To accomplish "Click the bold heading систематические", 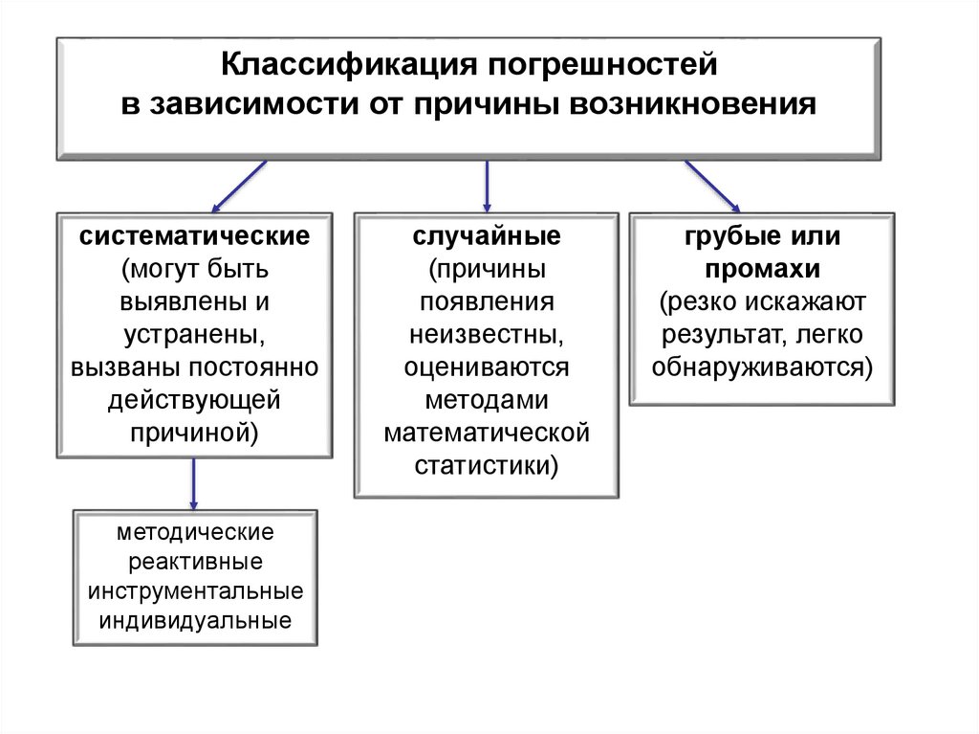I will tap(194, 236).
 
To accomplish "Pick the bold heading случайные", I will tap(487, 236).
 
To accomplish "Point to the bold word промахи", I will tap(761, 269).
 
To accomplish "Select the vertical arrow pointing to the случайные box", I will tap(487, 186).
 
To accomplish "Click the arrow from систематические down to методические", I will tap(194, 483).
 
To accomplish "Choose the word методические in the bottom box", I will tap(196, 531).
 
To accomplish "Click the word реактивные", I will tap(196, 561).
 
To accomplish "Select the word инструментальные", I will tap(196, 590).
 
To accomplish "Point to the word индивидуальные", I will tap(196, 620).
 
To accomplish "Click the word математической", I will tap(487, 433).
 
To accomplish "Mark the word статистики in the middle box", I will tap(487, 465).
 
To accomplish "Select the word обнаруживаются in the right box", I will tap(761, 367).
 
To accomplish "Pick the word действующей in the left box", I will tap(194, 399).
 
